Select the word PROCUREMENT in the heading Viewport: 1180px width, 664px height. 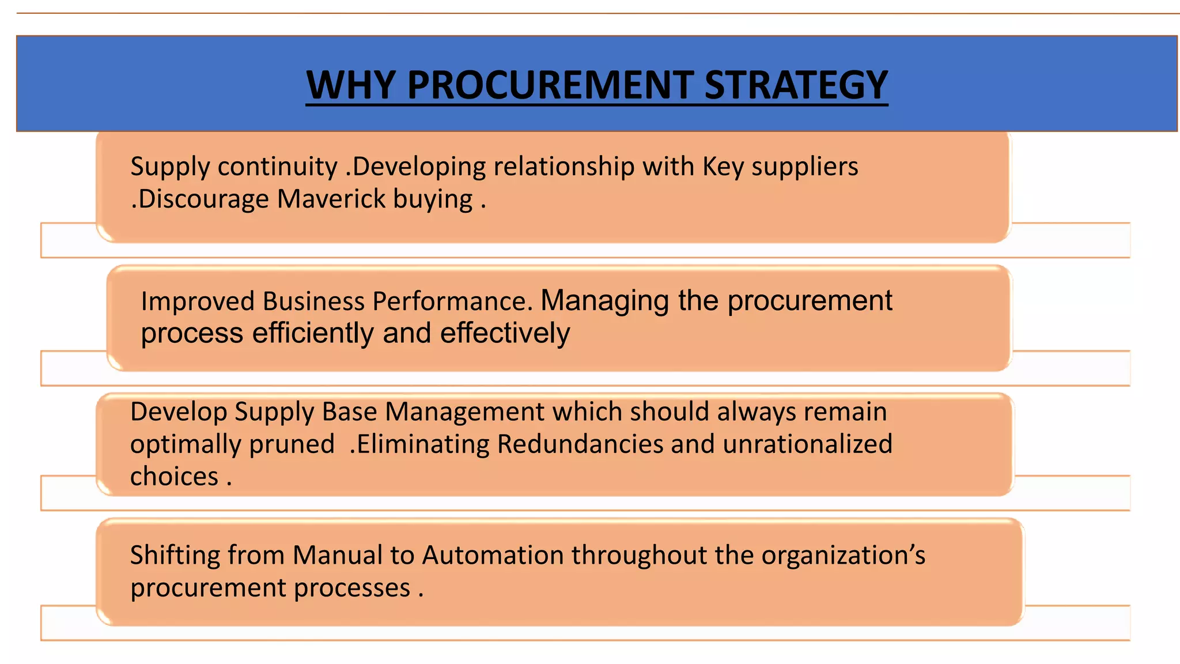pyautogui.click(x=550, y=85)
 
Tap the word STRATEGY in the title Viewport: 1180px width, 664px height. pyautogui.click(x=796, y=85)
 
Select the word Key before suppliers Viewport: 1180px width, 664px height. pyautogui.click(x=723, y=167)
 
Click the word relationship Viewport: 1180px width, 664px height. pyautogui.click(x=563, y=167)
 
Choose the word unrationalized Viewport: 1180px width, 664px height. pyautogui.click(x=807, y=444)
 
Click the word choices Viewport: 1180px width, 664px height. pyautogui.click(x=174, y=477)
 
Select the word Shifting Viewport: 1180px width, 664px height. pyautogui.click(x=175, y=556)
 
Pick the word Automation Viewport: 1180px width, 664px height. pyautogui.click(x=493, y=556)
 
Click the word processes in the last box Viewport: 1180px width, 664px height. pyautogui.click(x=352, y=588)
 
